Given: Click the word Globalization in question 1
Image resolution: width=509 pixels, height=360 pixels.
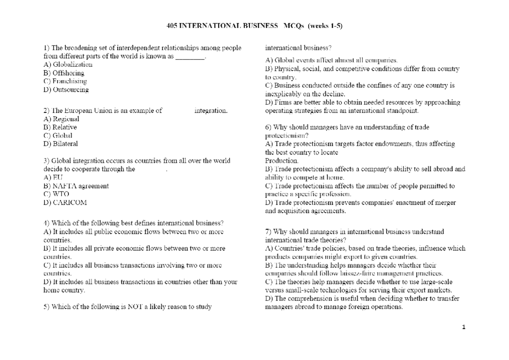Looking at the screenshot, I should [72, 65].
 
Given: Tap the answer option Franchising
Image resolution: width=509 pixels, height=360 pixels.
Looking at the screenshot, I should [70, 81].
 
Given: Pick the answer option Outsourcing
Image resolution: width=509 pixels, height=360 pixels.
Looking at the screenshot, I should [71, 90].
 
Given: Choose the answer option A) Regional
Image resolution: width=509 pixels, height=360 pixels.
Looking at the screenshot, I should [62, 119].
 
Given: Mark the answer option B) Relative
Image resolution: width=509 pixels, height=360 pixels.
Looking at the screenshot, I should [60, 127].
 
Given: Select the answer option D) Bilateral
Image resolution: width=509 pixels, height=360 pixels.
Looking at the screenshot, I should [61, 143].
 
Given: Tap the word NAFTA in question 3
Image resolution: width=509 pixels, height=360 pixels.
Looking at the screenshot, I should [62, 186].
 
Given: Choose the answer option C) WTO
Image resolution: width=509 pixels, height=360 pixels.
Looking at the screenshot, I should [56, 194].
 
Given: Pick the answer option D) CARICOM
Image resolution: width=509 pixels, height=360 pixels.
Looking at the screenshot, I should [65, 202].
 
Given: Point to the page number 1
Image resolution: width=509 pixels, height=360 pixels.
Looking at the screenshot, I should [464, 327].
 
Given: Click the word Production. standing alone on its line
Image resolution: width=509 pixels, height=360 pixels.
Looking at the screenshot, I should [282, 160].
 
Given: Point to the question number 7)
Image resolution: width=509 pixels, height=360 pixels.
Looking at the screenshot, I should [268, 232].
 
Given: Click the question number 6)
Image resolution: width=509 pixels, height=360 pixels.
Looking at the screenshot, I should [268, 127].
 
